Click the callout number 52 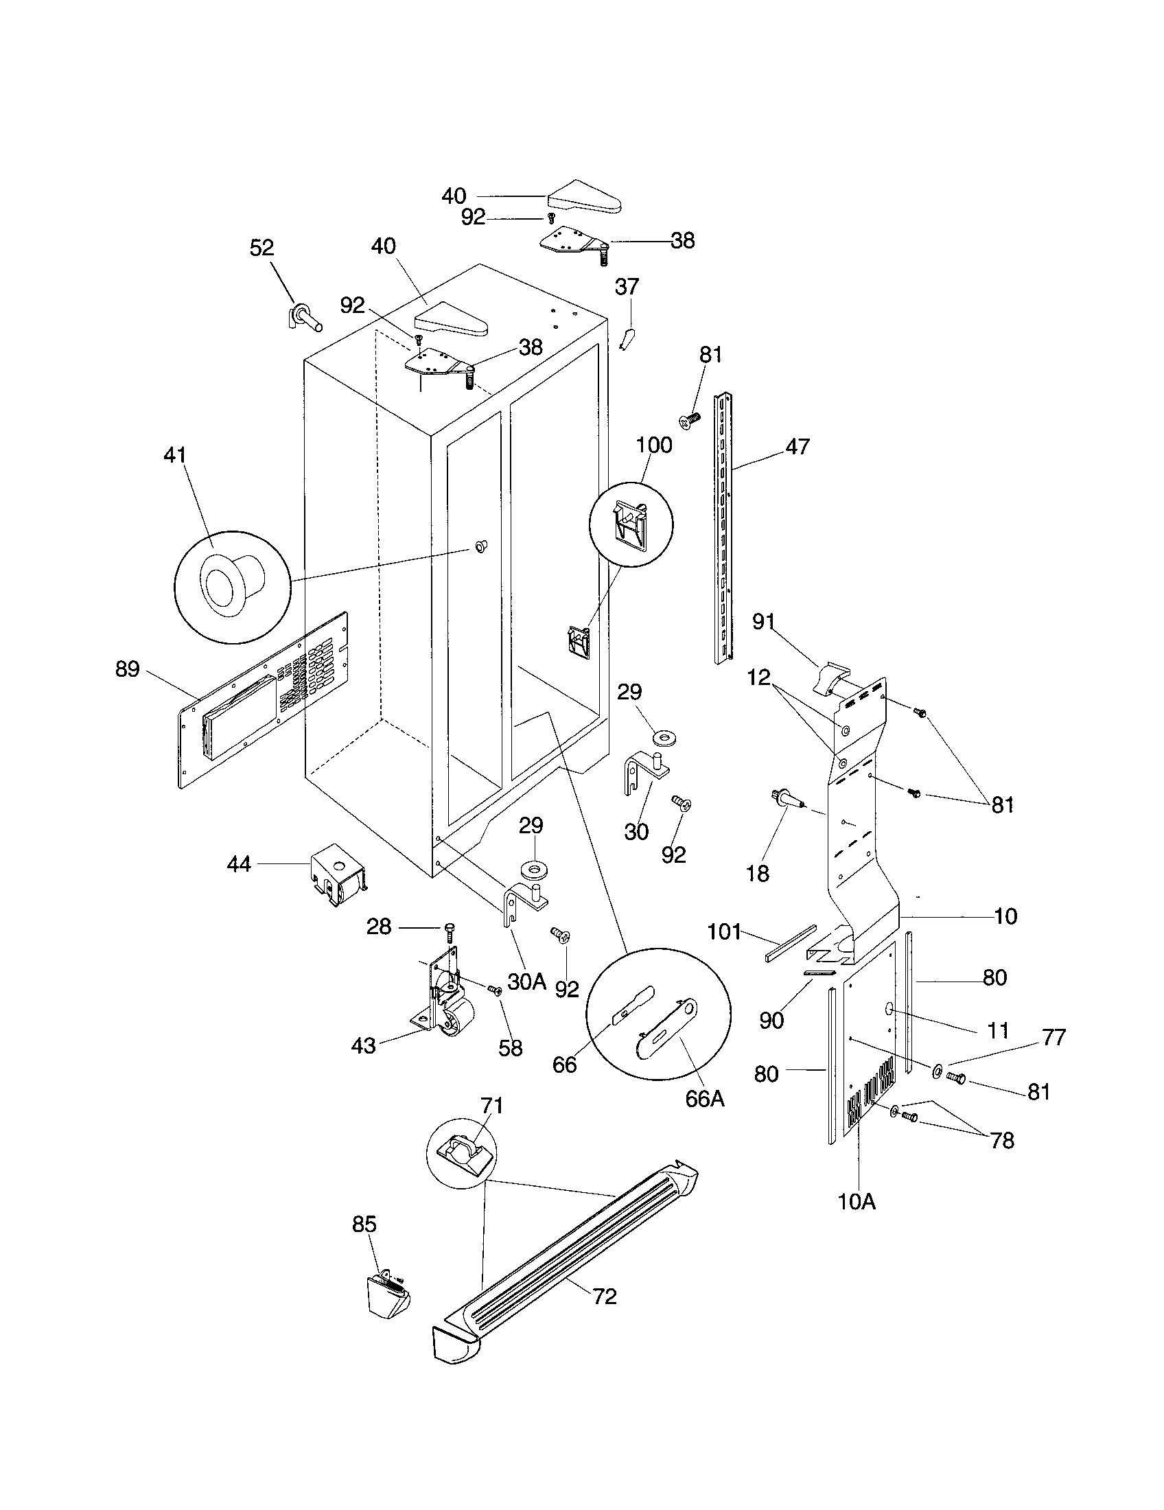pyautogui.click(x=261, y=248)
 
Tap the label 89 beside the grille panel pyautogui.click(x=127, y=669)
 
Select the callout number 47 pyautogui.click(x=797, y=447)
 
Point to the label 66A pyautogui.click(x=704, y=1099)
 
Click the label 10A pyautogui.click(x=857, y=1202)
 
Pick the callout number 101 pyautogui.click(x=723, y=931)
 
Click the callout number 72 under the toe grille pyautogui.click(x=604, y=1296)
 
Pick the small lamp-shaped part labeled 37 pyautogui.click(x=628, y=339)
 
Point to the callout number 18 pyautogui.click(x=758, y=873)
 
